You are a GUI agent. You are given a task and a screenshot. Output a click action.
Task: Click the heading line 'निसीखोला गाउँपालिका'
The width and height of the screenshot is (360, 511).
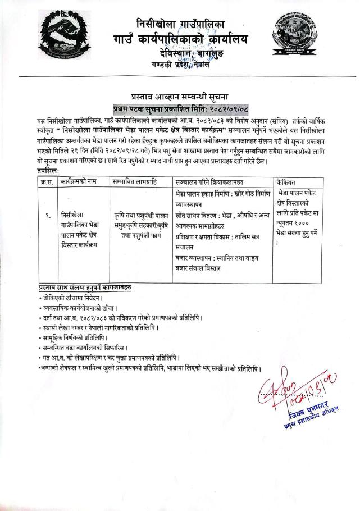pyautogui.click(x=180, y=24)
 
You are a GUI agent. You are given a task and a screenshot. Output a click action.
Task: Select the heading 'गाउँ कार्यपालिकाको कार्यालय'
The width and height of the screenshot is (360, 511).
pyautogui.click(x=180, y=40)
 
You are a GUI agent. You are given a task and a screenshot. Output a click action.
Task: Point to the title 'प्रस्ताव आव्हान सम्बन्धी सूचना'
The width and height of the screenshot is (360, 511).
pyautogui.click(x=179, y=97)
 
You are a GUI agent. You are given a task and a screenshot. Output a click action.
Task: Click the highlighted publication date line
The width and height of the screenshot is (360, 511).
pyautogui.click(x=180, y=108)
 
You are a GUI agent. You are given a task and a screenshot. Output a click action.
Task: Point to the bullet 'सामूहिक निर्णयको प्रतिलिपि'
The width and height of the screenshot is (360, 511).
pyautogui.click(x=77, y=339)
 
